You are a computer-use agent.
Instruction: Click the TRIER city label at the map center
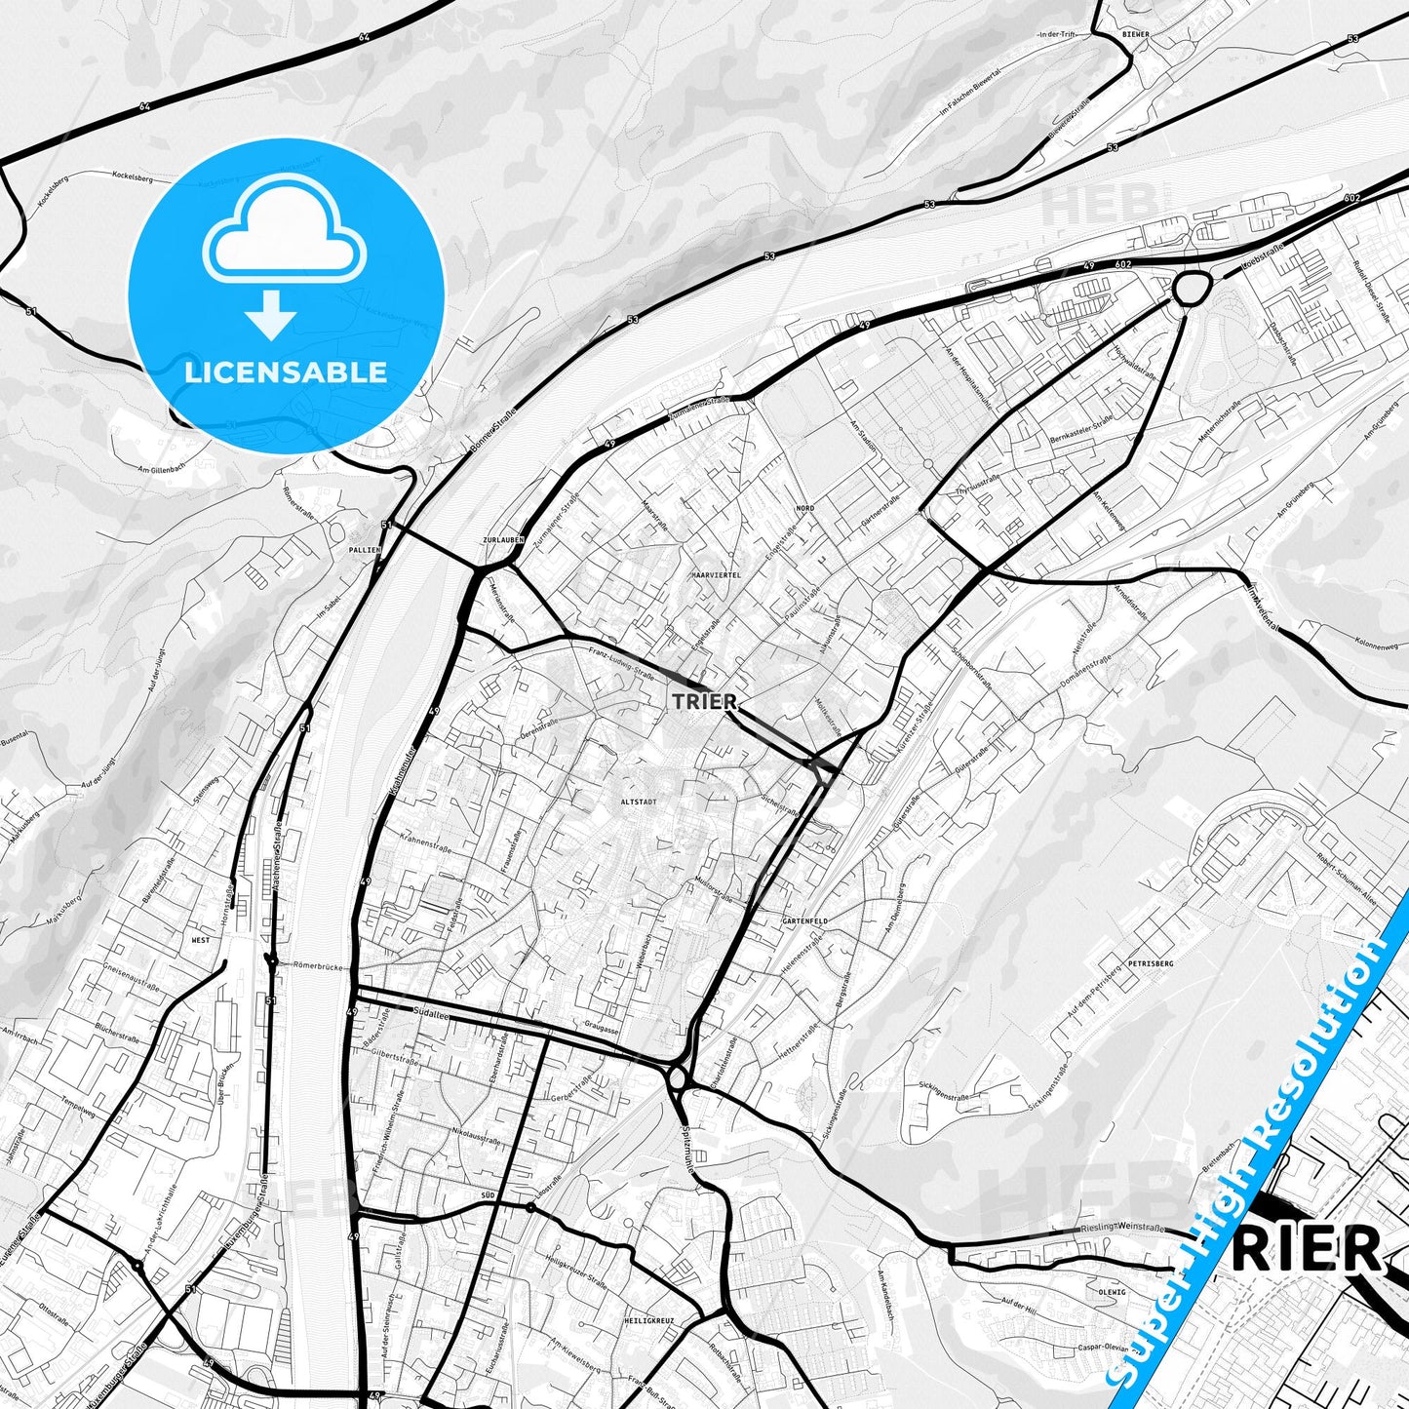click(704, 701)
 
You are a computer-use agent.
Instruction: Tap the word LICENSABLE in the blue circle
click(286, 372)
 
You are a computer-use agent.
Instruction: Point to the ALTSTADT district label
click(638, 802)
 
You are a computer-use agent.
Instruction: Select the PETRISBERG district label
click(1151, 963)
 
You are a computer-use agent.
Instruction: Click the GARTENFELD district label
click(804, 920)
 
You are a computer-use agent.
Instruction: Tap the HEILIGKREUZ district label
click(648, 1320)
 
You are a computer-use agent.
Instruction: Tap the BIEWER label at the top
click(1136, 34)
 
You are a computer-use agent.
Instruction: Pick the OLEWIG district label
click(1112, 1292)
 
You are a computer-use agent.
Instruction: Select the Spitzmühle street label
click(687, 1142)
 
